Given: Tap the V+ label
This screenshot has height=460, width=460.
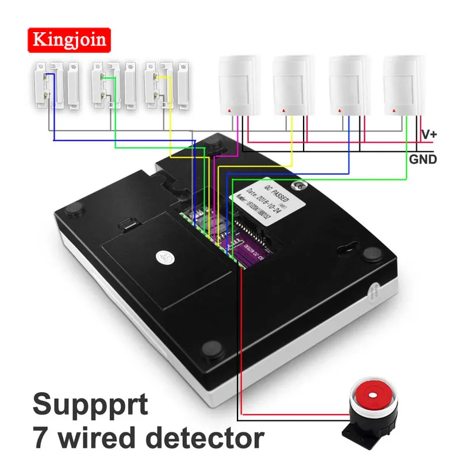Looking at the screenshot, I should (430, 134).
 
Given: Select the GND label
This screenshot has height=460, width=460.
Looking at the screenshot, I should (423, 159).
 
